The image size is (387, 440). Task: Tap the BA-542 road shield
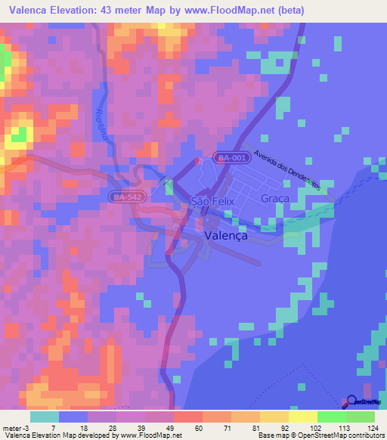tap(124, 197)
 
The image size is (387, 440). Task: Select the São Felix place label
tap(213, 201)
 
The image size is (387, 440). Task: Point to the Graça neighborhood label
tap(275, 198)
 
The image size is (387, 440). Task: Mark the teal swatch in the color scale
tap(45, 417)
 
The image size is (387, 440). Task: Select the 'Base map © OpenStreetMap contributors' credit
tap(318, 435)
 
